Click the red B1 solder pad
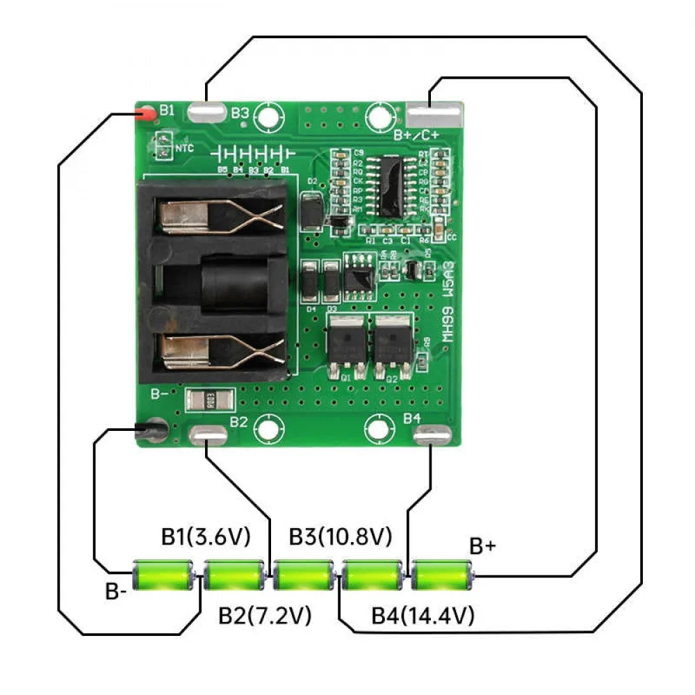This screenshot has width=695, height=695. coord(147,113)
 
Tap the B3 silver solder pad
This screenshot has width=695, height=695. coord(206,112)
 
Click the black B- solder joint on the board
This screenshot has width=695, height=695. coord(151,432)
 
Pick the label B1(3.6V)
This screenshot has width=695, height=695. coord(206,537)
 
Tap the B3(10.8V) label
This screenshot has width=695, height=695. coord(341,537)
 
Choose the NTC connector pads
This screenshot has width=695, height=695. coord(163,145)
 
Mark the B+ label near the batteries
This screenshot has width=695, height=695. coord(483,546)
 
